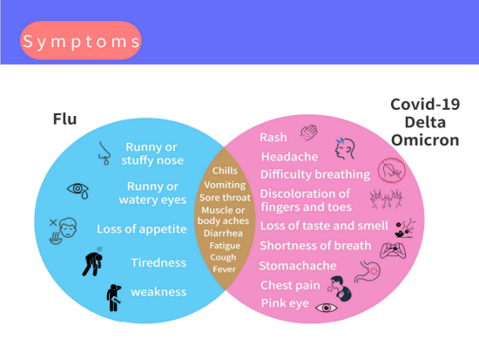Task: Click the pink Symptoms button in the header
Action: (81, 40)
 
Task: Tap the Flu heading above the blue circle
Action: (64, 119)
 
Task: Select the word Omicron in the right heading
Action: (425, 140)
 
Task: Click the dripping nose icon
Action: (105, 153)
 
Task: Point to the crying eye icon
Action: (78, 191)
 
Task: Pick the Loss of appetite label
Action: (142, 228)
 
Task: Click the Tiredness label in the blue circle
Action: (159, 262)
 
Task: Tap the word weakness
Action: (159, 292)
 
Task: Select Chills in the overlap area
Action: (225, 170)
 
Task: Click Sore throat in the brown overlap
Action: (225, 198)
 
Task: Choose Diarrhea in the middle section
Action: (223, 233)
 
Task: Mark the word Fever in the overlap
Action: (224, 269)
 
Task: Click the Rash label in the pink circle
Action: (273, 138)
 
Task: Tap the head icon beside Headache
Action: (345, 149)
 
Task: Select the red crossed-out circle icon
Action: (391, 170)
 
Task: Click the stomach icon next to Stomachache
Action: (368, 272)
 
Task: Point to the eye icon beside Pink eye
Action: (327, 308)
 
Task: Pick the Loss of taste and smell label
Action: (324, 226)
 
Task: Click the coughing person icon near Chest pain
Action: (340, 289)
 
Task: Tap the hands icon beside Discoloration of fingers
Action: (386, 199)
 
